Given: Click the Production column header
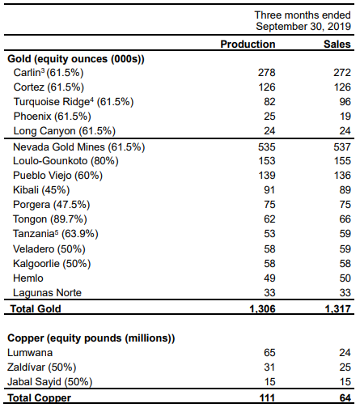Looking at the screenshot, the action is point(248,44).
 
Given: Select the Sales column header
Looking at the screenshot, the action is point(337,44).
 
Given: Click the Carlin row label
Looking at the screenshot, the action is point(49,73).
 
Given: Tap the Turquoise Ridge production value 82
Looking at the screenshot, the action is point(269,102).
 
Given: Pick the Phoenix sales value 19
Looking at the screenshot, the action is point(345,117).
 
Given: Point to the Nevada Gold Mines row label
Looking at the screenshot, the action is point(78,147).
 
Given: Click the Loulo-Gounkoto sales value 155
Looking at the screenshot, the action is point(342,161).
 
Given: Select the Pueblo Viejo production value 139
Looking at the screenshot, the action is point(267,176).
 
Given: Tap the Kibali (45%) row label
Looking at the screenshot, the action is point(41,190).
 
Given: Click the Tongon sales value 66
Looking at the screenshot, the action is point(345,219).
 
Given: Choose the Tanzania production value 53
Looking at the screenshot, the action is point(269,234).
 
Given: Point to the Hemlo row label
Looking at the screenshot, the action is point(28,278).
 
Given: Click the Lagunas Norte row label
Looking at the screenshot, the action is point(47,293).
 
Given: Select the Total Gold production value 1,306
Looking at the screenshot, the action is point(262,309).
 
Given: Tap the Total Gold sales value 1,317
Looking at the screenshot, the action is point(338,309).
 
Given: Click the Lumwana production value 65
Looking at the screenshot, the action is point(269,353).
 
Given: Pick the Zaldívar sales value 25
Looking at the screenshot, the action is point(345,367).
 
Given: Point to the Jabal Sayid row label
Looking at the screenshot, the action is point(50,382).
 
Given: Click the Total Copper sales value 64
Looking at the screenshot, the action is point(345,398).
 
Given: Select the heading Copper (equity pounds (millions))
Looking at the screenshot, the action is point(91,338).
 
